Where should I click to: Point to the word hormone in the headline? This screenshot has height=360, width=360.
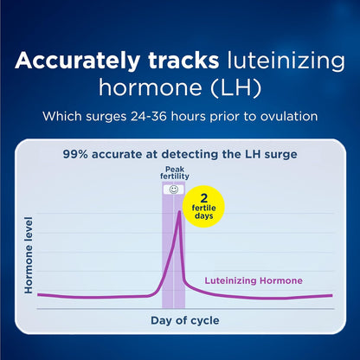tap(152, 88)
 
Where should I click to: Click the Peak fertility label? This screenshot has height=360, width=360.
tap(173, 175)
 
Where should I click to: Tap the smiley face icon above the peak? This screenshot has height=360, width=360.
tap(173, 189)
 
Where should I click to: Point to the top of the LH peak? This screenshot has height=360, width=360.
tap(179, 212)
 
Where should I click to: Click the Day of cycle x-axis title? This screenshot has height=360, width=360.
tap(180, 320)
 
